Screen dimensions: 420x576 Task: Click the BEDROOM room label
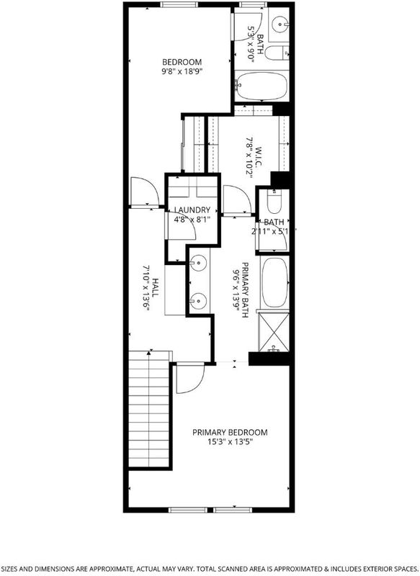pos(182,62)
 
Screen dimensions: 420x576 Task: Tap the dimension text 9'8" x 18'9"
pos(182,71)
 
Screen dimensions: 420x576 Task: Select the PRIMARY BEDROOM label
pos(230,433)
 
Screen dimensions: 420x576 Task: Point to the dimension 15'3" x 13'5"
pos(230,442)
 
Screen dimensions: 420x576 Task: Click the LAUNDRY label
pos(192,210)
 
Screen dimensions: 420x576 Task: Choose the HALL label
pos(156,288)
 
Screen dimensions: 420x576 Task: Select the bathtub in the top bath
pos(262,86)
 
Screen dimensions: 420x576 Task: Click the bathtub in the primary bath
pos(275,282)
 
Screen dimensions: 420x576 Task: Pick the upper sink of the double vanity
pos(198,263)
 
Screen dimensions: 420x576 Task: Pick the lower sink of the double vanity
pos(198,301)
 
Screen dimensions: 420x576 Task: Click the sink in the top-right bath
pos(281,24)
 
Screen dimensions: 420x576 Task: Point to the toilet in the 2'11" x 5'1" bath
pos(274,202)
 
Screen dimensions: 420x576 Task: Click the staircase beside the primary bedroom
pos(149,409)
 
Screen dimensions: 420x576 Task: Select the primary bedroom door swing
pos(190,378)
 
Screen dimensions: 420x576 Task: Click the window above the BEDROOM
pos(179,5)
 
